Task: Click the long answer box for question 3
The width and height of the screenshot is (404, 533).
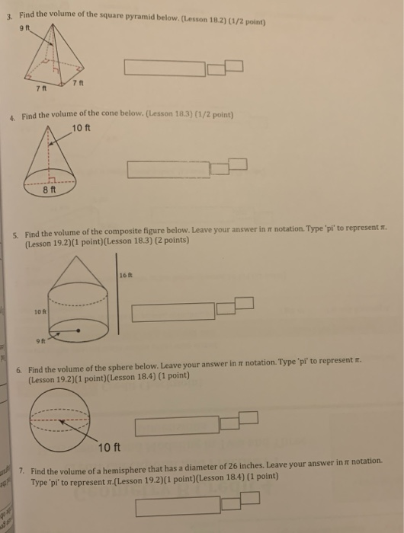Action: tap(165, 69)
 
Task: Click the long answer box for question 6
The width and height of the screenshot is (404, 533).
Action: tap(177, 424)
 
